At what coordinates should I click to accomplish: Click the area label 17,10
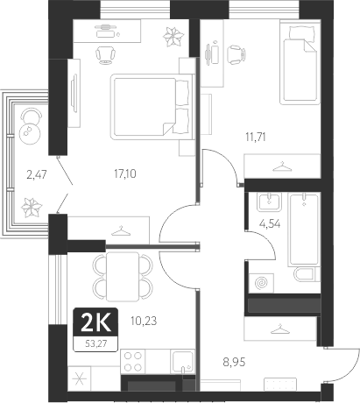[125, 174]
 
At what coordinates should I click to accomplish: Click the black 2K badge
[91, 321]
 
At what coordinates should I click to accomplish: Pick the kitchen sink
[183, 362]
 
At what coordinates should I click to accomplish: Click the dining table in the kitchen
[126, 274]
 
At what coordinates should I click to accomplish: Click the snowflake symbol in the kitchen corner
[81, 379]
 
